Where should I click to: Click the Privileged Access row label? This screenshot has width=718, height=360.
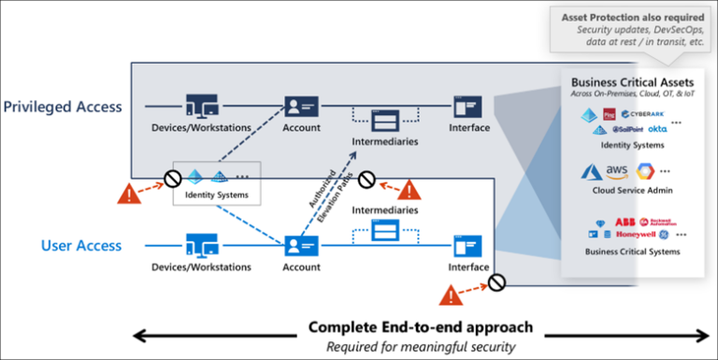click(x=63, y=107)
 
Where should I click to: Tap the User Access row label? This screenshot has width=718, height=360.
click(x=81, y=246)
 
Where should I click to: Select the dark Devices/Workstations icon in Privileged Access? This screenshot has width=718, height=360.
click(x=201, y=106)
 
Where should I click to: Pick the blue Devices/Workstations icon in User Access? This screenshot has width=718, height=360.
click(x=201, y=246)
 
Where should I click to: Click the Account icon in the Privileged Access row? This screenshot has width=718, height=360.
click(x=301, y=106)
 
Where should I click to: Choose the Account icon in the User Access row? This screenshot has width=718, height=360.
click(x=301, y=246)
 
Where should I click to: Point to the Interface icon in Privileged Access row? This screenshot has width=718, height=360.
click(x=467, y=106)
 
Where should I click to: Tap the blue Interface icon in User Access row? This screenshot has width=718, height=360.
click(x=467, y=246)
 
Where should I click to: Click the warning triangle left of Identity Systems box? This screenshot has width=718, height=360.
click(x=128, y=194)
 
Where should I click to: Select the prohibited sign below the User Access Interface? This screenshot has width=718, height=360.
click(x=496, y=281)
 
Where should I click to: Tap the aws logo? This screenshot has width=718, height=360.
click(x=616, y=171)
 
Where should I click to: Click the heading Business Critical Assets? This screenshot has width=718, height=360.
click(x=626, y=81)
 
